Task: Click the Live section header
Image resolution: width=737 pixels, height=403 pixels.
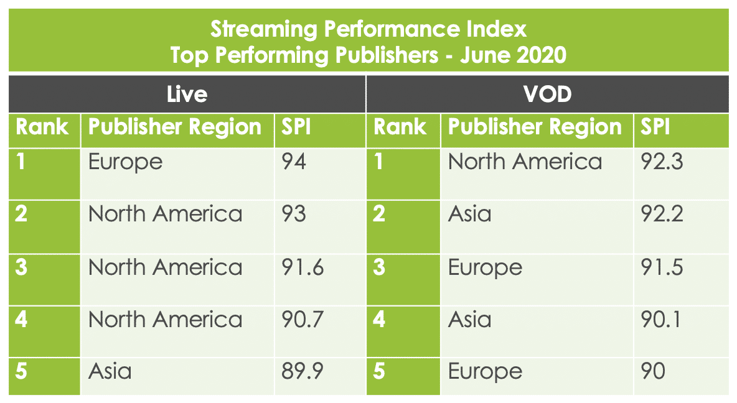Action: (187, 94)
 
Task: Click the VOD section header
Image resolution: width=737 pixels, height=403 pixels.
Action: (547, 94)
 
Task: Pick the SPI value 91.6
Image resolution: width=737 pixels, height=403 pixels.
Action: (302, 267)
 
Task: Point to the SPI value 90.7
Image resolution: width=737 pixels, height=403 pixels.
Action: (302, 320)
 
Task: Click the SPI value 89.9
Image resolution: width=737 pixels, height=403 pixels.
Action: (302, 372)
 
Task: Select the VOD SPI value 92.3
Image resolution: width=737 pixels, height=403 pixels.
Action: (662, 162)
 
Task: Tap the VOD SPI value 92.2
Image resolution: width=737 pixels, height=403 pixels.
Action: (662, 215)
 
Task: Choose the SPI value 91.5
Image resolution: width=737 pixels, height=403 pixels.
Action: (662, 267)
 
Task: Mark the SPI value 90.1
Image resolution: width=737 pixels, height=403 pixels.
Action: (662, 320)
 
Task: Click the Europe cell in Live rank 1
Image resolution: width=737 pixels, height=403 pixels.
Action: (125, 162)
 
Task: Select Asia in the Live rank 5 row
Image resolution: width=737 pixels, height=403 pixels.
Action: (110, 372)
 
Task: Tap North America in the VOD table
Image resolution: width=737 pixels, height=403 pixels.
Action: (525, 162)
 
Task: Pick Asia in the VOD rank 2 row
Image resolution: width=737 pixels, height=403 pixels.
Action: (470, 215)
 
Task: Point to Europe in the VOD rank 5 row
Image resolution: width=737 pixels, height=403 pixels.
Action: (485, 372)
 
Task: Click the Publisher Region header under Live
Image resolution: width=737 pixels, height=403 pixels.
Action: (175, 127)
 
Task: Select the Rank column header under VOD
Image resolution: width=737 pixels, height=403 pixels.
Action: (400, 127)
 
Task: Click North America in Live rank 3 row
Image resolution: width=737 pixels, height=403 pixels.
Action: (165, 267)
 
